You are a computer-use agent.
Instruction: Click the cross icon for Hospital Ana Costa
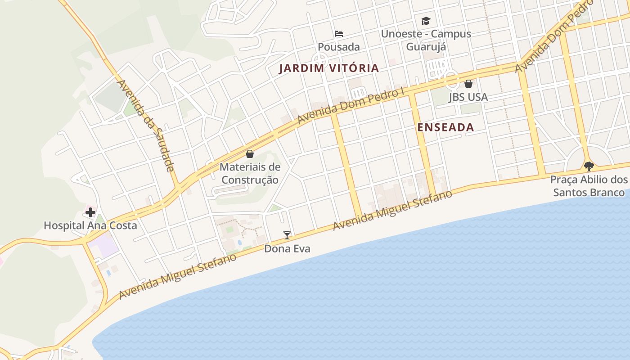(x=90, y=212)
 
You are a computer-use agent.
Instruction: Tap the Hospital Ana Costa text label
(x=90, y=225)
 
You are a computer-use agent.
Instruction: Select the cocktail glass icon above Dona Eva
(x=287, y=235)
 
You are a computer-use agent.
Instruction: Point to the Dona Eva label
(x=287, y=248)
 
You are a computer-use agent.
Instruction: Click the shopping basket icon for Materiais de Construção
(x=250, y=154)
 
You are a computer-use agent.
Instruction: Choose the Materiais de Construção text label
(x=250, y=173)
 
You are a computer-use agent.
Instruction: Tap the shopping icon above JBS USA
(x=468, y=84)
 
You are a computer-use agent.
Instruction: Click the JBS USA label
(x=468, y=97)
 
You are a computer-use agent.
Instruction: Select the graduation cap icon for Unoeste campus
(x=426, y=21)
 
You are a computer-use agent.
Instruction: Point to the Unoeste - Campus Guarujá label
(x=426, y=40)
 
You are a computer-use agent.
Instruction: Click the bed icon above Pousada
(x=339, y=34)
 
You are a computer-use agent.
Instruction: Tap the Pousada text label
(x=339, y=47)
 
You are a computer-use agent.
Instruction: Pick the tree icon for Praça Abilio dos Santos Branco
(x=589, y=166)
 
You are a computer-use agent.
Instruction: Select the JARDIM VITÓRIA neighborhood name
(x=329, y=68)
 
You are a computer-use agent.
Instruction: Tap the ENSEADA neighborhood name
(x=445, y=127)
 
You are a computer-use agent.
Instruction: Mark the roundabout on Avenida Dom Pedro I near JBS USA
(x=451, y=80)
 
